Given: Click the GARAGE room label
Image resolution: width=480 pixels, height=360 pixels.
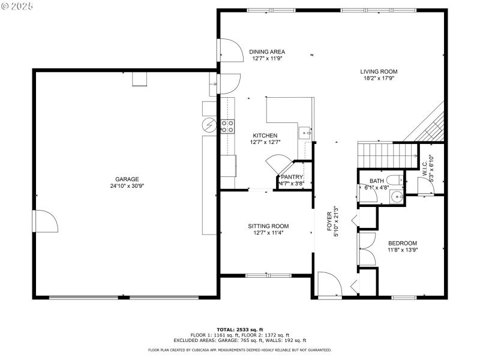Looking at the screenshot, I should pos(127,179).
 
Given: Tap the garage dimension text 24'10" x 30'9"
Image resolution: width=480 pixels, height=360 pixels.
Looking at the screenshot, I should pos(127,186).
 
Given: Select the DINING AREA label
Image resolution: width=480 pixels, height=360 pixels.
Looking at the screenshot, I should pos(267,52).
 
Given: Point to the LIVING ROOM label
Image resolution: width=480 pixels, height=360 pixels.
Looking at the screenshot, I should pos(379,71).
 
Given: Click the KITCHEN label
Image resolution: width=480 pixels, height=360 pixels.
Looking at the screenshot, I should pos(265,136).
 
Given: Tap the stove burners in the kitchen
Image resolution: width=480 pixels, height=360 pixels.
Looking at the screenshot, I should pos(227,125).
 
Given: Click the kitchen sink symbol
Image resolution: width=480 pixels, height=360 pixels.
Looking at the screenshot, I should pos(304,133).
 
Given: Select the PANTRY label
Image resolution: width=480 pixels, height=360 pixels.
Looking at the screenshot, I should pos(292,177).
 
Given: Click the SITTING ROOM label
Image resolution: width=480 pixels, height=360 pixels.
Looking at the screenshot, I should pos(265,226).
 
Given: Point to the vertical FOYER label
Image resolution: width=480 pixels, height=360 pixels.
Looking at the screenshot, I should pos(329,221).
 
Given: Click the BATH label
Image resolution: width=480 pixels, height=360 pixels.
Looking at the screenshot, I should pos(377,181).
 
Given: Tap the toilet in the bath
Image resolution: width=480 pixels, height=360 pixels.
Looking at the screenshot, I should pos(395,180).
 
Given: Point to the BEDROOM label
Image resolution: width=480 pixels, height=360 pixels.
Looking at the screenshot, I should pos(402,243).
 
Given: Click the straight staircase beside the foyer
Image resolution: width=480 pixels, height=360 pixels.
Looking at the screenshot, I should pos(387,155).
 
